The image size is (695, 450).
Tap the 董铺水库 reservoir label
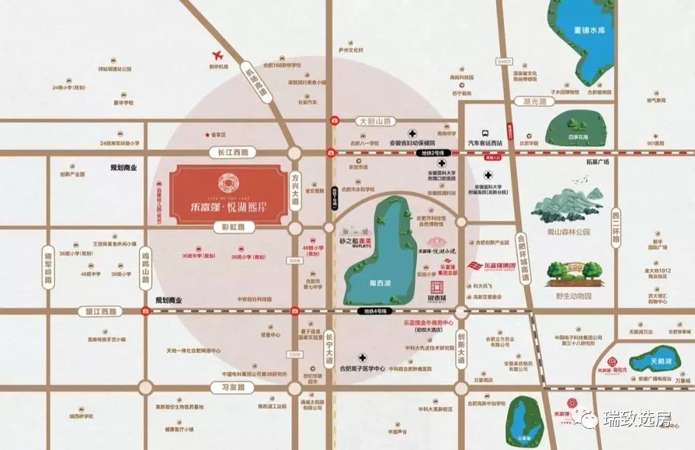591,30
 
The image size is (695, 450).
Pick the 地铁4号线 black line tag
374,311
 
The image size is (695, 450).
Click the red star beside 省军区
207,135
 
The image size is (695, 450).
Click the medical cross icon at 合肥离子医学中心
363,357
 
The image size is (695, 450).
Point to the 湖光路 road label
534,102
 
